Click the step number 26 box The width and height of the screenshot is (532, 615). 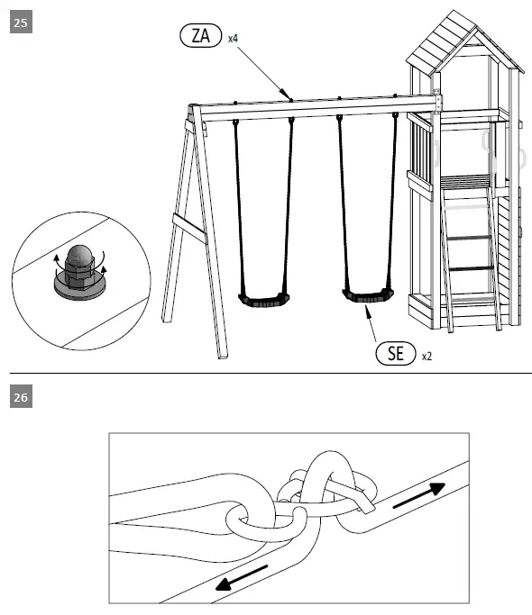(21, 397)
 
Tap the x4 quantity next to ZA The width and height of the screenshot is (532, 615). (233, 38)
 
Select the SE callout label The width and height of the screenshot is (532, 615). (395, 353)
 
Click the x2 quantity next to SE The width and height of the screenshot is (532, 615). (427, 357)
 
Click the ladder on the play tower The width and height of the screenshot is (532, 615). (469, 252)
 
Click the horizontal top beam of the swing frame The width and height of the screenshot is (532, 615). (316, 109)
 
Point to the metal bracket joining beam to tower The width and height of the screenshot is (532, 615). (438, 101)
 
